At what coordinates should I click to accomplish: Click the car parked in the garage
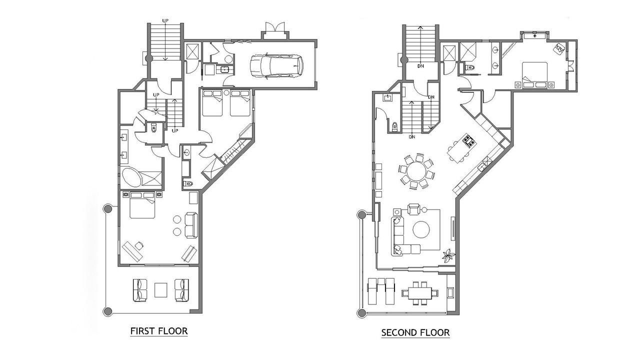276,66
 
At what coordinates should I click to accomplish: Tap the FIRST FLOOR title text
159,331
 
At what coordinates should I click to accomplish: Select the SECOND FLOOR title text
415,332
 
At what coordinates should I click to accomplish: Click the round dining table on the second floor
416,171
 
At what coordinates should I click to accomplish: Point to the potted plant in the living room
448,255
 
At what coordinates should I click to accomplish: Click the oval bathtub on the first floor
131,177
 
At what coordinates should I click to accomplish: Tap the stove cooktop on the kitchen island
469,140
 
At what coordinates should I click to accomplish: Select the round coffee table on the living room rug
421,229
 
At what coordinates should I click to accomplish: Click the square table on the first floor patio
161,290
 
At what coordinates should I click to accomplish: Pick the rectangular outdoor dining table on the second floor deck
419,293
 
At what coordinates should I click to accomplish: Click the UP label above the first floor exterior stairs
165,20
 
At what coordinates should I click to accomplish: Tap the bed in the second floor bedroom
534,75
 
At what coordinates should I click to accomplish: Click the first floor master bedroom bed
142,205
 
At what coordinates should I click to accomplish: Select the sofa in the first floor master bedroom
191,225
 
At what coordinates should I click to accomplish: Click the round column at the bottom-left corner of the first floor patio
107,311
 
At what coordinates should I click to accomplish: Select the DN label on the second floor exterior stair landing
420,66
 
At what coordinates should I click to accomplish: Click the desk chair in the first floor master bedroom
139,245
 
